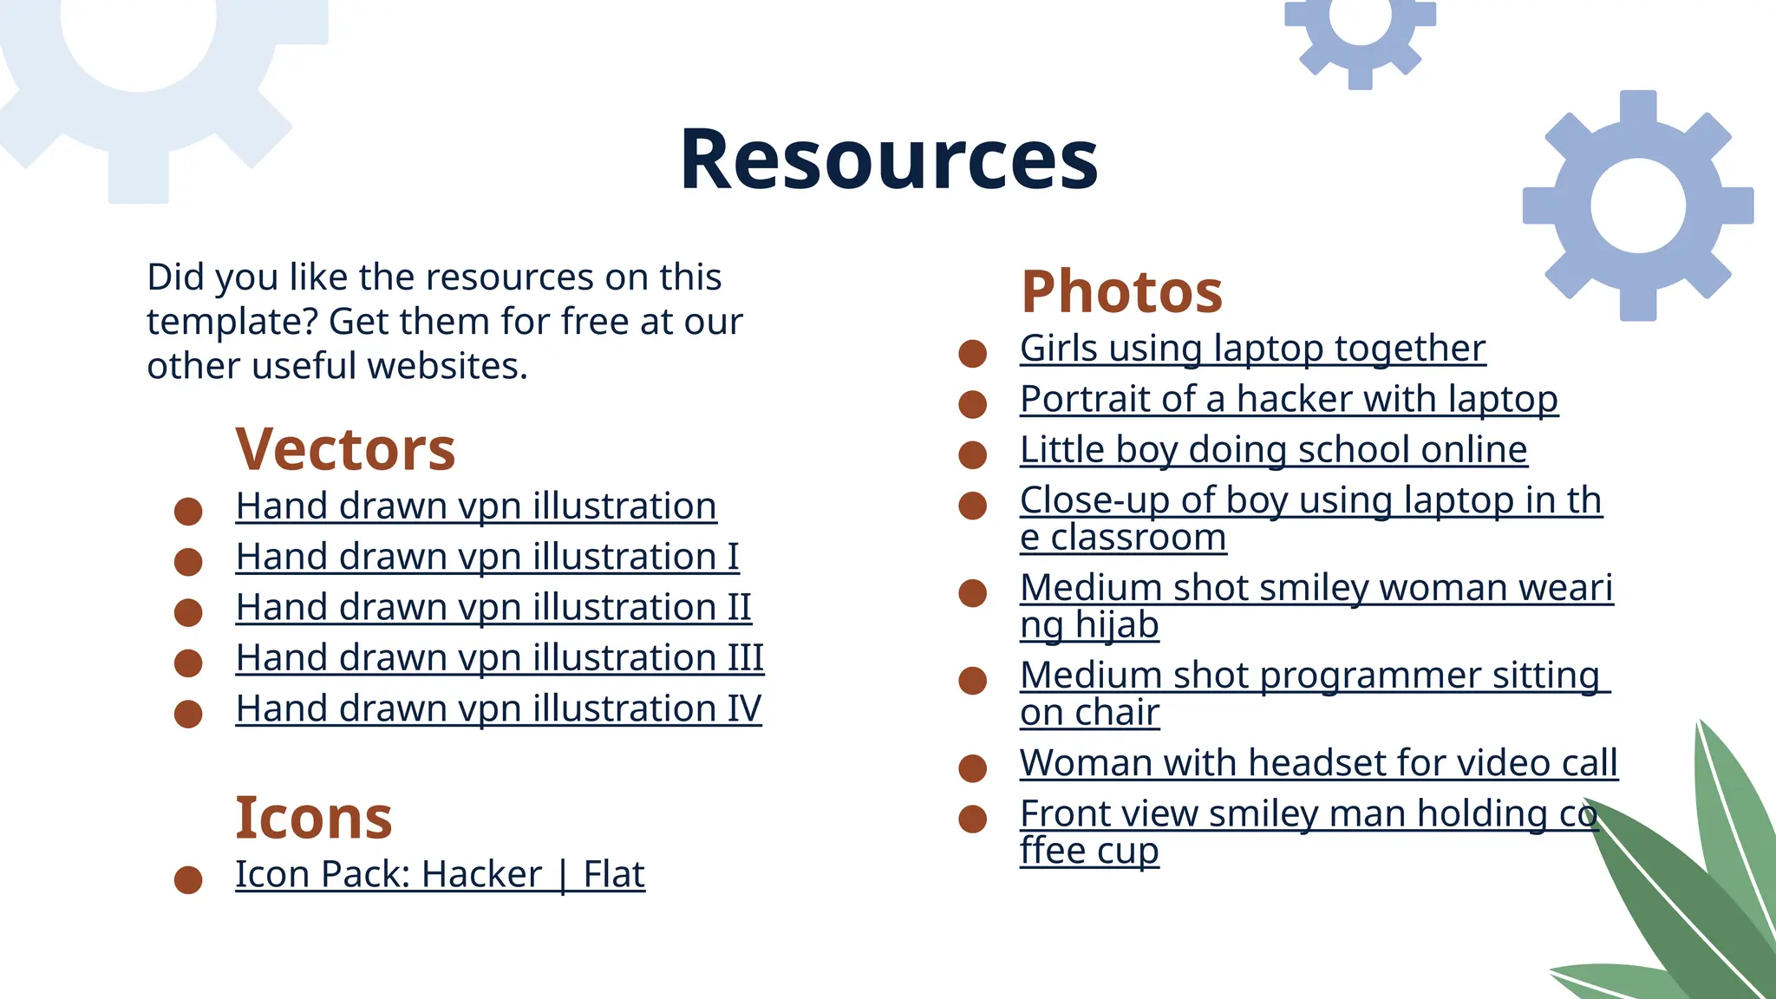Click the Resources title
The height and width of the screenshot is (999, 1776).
[x=888, y=160]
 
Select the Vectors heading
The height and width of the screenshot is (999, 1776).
[x=345, y=449]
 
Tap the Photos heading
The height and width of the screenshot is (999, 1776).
[x=1121, y=291]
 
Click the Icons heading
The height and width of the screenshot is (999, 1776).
[x=313, y=818]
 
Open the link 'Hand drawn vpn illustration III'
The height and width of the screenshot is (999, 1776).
[x=499, y=658]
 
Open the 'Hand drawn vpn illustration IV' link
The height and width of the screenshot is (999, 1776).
[x=498, y=708]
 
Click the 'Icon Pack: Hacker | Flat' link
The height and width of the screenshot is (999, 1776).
[x=440, y=874]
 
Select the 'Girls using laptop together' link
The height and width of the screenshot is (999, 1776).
[x=1252, y=349]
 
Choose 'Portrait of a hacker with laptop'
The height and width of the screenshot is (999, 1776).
[x=1289, y=399]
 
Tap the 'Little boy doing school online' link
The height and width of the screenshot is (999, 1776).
[x=1273, y=449]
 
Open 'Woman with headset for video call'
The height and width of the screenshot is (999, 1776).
[x=1318, y=763]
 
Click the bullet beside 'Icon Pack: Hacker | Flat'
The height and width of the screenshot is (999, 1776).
[x=188, y=879]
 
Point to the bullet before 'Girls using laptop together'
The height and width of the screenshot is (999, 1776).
[x=972, y=353]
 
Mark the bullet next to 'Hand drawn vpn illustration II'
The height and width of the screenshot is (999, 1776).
[x=188, y=612]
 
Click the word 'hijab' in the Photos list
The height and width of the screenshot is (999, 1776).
[x=1116, y=625]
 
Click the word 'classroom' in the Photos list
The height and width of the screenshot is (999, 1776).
[x=1138, y=538]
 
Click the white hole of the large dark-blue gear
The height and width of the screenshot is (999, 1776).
[x=1637, y=206]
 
